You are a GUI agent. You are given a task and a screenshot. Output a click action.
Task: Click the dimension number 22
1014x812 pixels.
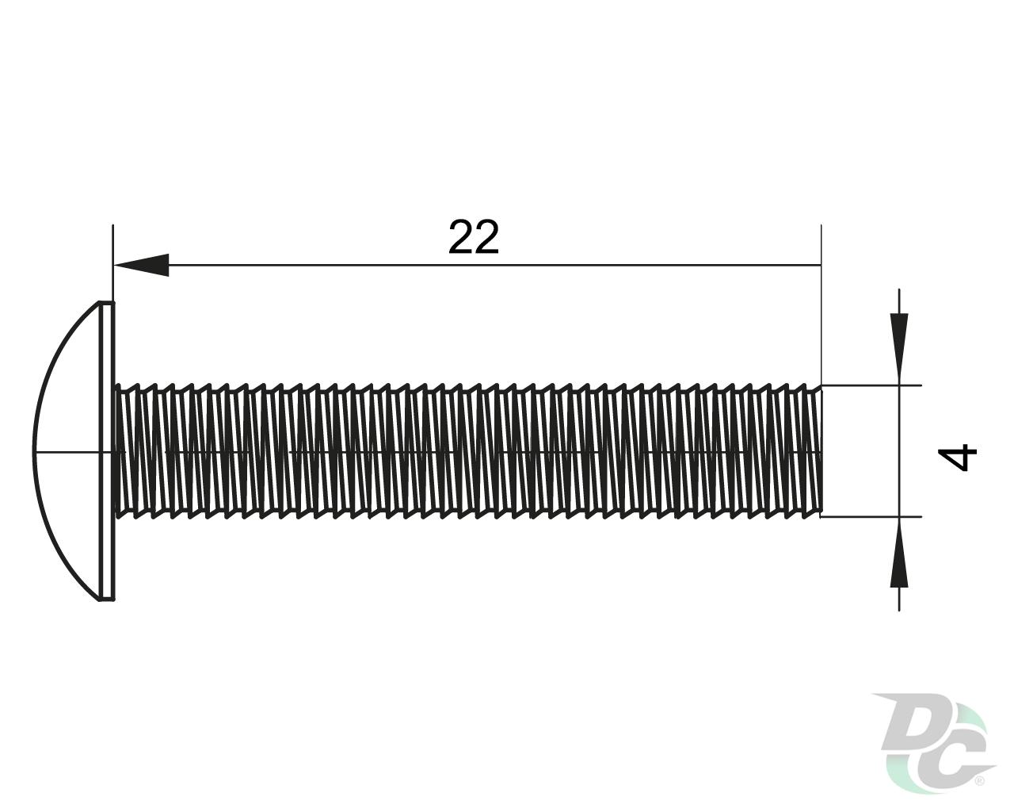click(x=474, y=237)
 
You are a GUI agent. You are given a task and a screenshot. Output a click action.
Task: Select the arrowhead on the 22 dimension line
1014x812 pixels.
click(x=141, y=265)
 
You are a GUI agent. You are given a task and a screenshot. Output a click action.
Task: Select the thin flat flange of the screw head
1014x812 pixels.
click(x=109, y=451)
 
